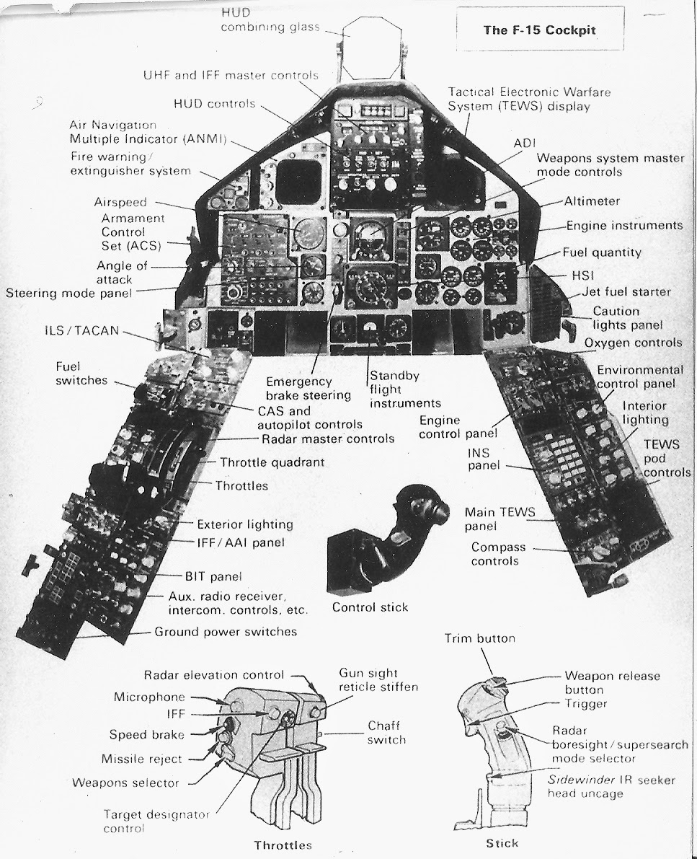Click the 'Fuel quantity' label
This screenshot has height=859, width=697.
tap(607, 252)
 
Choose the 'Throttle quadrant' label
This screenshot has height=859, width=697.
tap(272, 462)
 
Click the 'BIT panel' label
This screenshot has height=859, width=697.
tap(212, 576)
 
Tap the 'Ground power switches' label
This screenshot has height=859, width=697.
tap(226, 632)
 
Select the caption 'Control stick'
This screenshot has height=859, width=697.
tap(370, 607)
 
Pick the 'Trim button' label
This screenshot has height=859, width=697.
tap(480, 638)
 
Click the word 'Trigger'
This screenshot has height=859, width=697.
tap(586, 703)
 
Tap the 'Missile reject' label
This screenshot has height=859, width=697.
tap(141, 759)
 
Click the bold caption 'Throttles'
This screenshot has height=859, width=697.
tap(283, 845)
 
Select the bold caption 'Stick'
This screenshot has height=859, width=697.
tap(503, 843)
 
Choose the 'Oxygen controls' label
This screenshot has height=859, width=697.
tap(633, 343)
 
